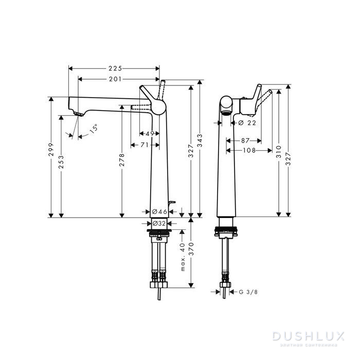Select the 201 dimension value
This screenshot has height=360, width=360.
(116, 79)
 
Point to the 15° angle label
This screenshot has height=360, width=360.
(93, 130)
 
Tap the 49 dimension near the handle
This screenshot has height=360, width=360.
(150, 134)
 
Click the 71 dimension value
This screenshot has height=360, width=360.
(146, 145)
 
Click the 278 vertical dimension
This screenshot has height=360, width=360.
(122, 157)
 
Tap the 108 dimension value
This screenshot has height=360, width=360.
(249, 150)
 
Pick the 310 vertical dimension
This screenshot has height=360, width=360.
(278, 151)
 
